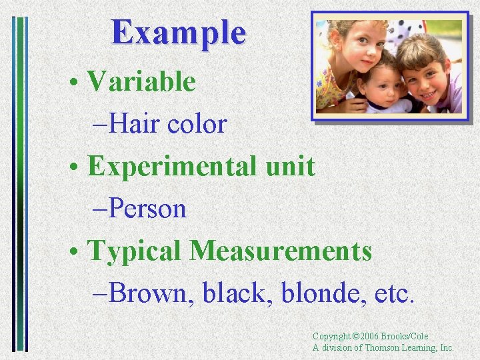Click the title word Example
179,32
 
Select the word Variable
141,82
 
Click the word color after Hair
197,124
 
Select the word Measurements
280,251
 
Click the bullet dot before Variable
79,83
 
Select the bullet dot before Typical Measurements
79,253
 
